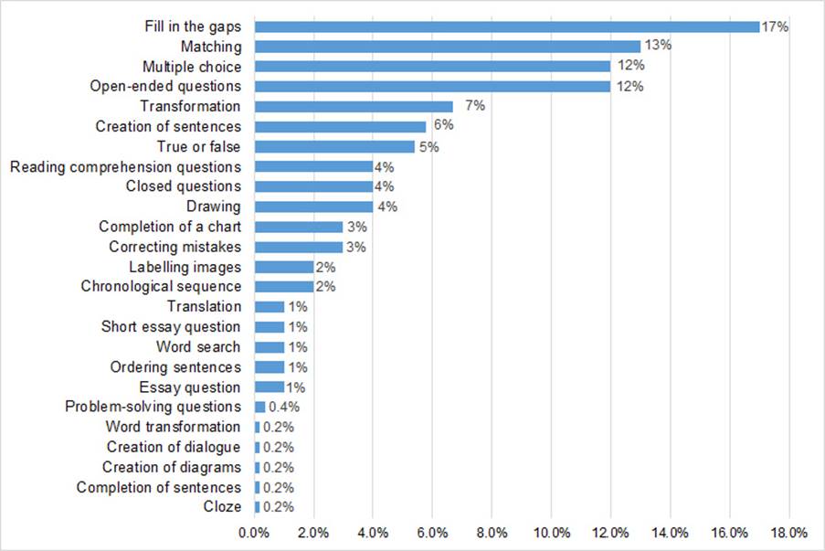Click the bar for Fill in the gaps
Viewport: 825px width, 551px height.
pyautogui.click(x=506, y=26)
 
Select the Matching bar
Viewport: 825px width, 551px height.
pyautogui.click(x=447, y=47)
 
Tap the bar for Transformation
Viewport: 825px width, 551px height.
pyautogui.click(x=354, y=107)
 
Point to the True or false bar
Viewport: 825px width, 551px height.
pyautogui.click(x=334, y=146)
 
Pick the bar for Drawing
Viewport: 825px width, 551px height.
pyautogui.click(x=313, y=207)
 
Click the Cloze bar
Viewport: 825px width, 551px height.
pyautogui.click(x=257, y=507)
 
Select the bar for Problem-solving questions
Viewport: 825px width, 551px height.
pyautogui.click(x=259, y=407)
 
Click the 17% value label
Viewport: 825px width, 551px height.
pyautogui.click(x=775, y=26)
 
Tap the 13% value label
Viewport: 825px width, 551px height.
pyautogui.click(x=656, y=47)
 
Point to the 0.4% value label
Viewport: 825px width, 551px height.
pyautogui.click(x=283, y=407)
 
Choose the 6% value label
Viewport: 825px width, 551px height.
pyautogui.click(x=442, y=126)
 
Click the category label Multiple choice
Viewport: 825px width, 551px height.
pyautogui.click(x=192, y=67)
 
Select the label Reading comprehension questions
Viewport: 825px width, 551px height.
pyautogui.click(x=125, y=166)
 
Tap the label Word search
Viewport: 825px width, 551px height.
pyautogui.click(x=198, y=347)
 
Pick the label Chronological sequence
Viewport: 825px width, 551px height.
pyautogui.click(x=161, y=287)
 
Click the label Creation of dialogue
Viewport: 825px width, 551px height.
pyautogui.click(x=174, y=447)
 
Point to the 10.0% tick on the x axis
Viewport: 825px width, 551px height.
pyautogui.click(x=551, y=532)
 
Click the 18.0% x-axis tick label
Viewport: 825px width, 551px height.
pyautogui.click(x=789, y=532)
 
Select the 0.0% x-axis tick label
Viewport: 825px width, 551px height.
pyautogui.click(x=254, y=532)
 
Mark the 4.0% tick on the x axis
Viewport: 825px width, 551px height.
pyautogui.click(x=373, y=532)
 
